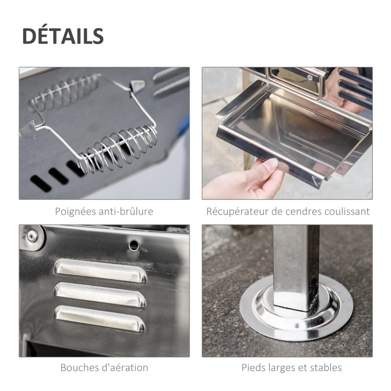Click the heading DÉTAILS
(x=63, y=37)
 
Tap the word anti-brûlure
(x=126, y=212)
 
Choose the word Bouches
(x=79, y=368)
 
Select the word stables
(x=326, y=368)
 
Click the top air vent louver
(x=100, y=270)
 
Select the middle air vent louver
(x=100, y=295)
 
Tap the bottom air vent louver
(x=100, y=318)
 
